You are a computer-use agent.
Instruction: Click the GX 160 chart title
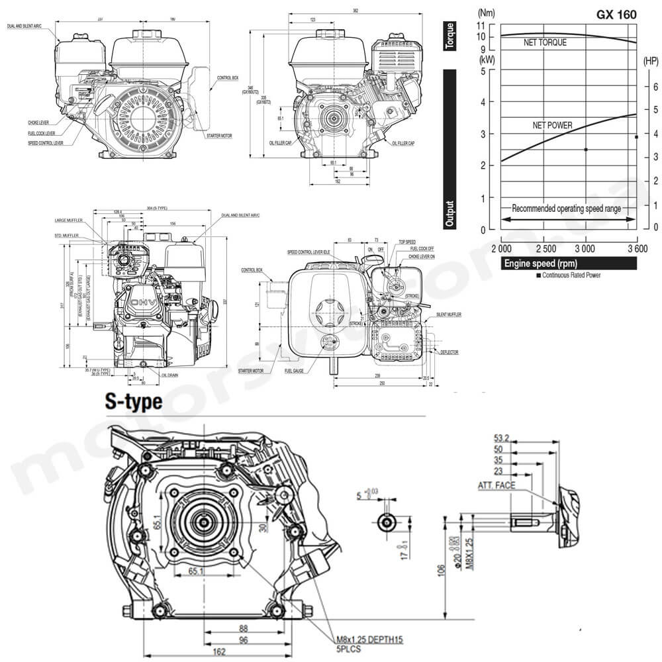tap(617, 13)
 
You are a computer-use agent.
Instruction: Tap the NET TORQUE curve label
tap(544, 42)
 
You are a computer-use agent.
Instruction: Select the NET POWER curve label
tap(552, 124)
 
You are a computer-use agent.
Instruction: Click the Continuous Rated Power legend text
tap(571, 275)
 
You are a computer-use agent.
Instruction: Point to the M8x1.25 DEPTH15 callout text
tap(369, 639)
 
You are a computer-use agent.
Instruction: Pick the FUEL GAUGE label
tap(294, 371)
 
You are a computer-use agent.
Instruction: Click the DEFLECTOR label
tap(449, 353)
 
